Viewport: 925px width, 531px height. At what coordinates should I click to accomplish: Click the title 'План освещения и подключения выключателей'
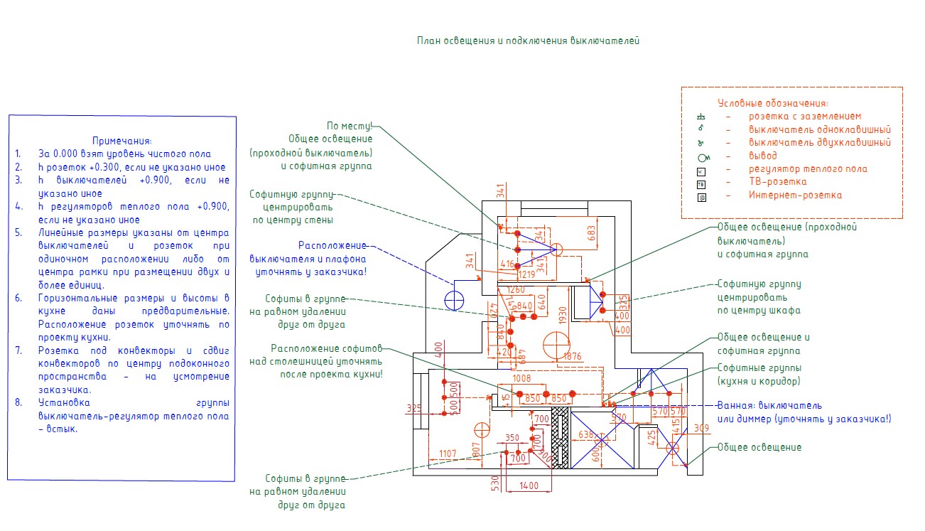pos(528,41)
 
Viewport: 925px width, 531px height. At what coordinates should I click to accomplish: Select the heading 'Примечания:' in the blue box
pos(122,141)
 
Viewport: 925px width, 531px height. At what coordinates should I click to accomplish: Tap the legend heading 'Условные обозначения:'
pos(772,103)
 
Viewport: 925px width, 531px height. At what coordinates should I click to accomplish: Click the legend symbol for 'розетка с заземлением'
pos(700,117)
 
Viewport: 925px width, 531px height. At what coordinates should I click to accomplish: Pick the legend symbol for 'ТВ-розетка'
pos(700,183)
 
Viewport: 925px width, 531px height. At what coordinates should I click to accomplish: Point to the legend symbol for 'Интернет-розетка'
pos(700,195)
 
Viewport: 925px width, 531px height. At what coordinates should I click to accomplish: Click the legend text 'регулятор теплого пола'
pos(808,169)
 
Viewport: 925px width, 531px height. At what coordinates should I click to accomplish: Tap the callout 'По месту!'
pos(349,126)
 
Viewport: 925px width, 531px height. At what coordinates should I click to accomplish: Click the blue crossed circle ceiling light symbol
pos(453,300)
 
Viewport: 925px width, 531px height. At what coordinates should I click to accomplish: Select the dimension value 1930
pos(563,313)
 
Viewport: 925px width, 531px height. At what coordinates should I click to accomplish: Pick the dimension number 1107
pos(448,454)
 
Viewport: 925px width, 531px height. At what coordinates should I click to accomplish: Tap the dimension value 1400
pos(529,486)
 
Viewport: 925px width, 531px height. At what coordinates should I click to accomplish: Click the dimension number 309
pos(701,428)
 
